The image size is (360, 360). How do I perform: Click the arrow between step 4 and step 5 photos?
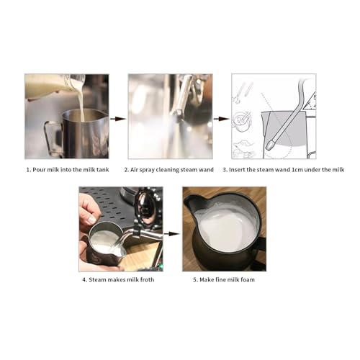click(x=171, y=233)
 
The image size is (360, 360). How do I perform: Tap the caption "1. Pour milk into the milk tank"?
click(x=66, y=169)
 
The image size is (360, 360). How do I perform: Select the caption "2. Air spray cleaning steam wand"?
click(x=170, y=169)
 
